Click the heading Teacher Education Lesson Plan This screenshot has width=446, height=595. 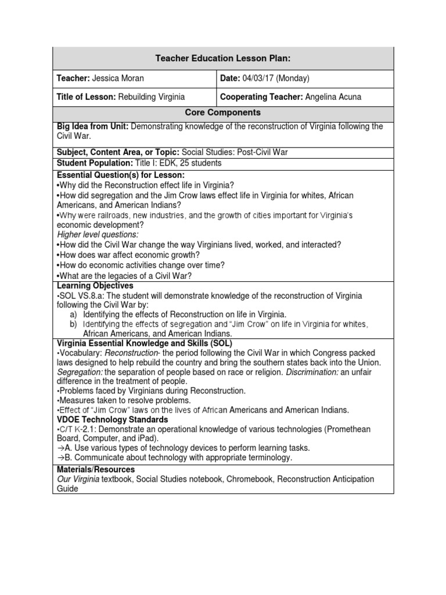point(224,58)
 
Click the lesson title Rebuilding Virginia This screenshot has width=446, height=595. point(152,97)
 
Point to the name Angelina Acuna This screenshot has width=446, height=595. point(332,97)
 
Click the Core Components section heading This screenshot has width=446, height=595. point(224,113)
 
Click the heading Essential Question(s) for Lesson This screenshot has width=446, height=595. point(121,175)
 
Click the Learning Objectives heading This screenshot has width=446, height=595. point(95,286)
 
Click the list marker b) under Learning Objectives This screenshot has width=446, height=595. point(73,324)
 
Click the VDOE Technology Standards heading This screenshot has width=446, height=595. point(112,420)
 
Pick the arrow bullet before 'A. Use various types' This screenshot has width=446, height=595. point(60,448)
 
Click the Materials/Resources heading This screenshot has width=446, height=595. point(96,469)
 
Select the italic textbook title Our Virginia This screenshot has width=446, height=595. point(78,479)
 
